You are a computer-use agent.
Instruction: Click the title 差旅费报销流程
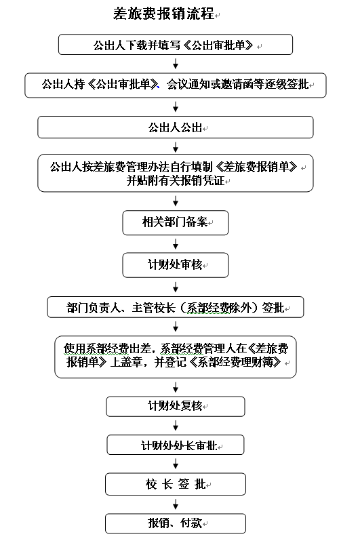tap(163, 14)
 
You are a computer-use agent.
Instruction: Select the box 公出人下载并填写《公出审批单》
tap(176, 45)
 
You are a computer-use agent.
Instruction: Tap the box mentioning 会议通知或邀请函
tap(176, 85)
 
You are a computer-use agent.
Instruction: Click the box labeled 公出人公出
tap(176, 127)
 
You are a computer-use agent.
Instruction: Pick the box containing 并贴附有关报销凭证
tap(176, 173)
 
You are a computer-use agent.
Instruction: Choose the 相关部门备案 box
tap(176, 222)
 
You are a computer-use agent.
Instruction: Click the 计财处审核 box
tap(176, 265)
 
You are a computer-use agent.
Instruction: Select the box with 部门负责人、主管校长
tap(176, 307)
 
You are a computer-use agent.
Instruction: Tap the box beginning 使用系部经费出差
tap(176, 357)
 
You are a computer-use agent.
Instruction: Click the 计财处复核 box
tap(176, 406)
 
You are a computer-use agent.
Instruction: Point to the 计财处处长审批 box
tap(176, 445)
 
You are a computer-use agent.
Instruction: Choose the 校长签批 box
tap(176, 484)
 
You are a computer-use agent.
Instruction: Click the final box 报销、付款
tap(176, 523)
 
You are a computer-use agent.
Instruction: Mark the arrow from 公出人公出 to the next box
tap(176, 146)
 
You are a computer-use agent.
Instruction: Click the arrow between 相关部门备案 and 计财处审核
tap(176, 243)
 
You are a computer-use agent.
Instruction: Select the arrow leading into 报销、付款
tap(176, 504)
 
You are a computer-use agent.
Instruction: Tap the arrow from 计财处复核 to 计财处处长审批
tap(176, 426)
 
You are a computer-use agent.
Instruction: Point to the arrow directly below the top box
tap(176, 64)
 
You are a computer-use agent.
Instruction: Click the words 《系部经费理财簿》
tap(235, 363)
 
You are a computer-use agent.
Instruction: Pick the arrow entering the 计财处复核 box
tap(176, 387)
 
